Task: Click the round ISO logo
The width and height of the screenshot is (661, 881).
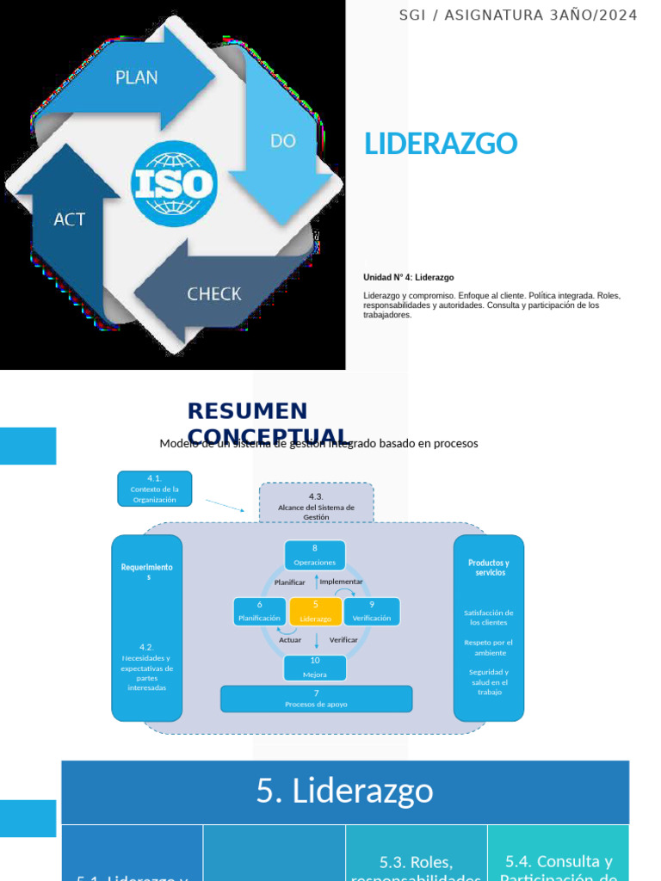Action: tap(173, 183)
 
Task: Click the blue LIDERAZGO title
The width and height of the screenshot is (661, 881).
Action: tap(441, 144)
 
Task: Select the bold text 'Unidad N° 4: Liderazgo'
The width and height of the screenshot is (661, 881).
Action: tap(409, 277)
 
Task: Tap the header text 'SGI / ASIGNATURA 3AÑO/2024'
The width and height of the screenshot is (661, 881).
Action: tap(518, 15)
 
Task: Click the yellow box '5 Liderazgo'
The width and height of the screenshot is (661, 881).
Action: tap(316, 611)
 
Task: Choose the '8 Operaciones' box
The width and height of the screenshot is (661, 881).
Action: tap(315, 555)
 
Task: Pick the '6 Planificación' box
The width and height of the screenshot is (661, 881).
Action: tap(259, 611)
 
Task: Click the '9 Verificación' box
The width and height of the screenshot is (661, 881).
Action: tap(371, 611)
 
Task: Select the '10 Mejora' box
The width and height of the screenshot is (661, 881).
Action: tap(315, 668)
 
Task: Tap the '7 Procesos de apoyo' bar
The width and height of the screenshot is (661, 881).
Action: tap(316, 698)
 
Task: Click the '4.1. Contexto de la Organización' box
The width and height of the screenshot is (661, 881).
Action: tap(154, 488)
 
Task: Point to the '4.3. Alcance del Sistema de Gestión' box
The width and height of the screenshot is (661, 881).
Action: tap(316, 503)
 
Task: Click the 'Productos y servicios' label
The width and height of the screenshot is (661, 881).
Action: tap(488, 567)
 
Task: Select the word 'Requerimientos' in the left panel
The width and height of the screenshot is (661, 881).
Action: tap(147, 571)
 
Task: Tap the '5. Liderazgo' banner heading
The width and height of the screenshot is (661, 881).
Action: tap(344, 791)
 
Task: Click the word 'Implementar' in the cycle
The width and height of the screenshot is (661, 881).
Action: tap(341, 582)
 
